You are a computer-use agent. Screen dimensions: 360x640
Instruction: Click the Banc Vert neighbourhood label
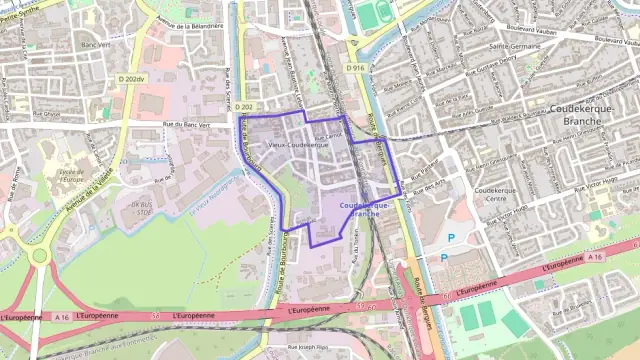95,45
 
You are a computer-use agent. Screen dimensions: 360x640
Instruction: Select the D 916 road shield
356,68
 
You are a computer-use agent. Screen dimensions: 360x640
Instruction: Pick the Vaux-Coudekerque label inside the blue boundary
299,145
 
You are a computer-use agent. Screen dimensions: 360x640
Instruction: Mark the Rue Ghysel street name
49,113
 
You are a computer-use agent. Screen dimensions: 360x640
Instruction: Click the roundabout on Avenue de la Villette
40,255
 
